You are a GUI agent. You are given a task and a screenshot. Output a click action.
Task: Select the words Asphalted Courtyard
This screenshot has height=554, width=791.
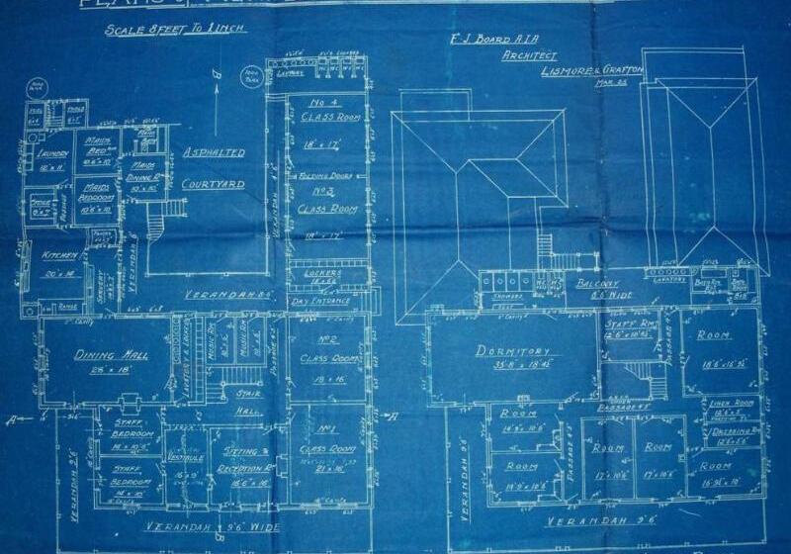[x=213, y=169]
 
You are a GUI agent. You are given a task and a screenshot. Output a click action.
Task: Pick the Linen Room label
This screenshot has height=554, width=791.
[x=734, y=405]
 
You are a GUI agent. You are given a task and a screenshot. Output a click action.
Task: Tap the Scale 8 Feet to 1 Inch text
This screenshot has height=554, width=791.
[x=169, y=31]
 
